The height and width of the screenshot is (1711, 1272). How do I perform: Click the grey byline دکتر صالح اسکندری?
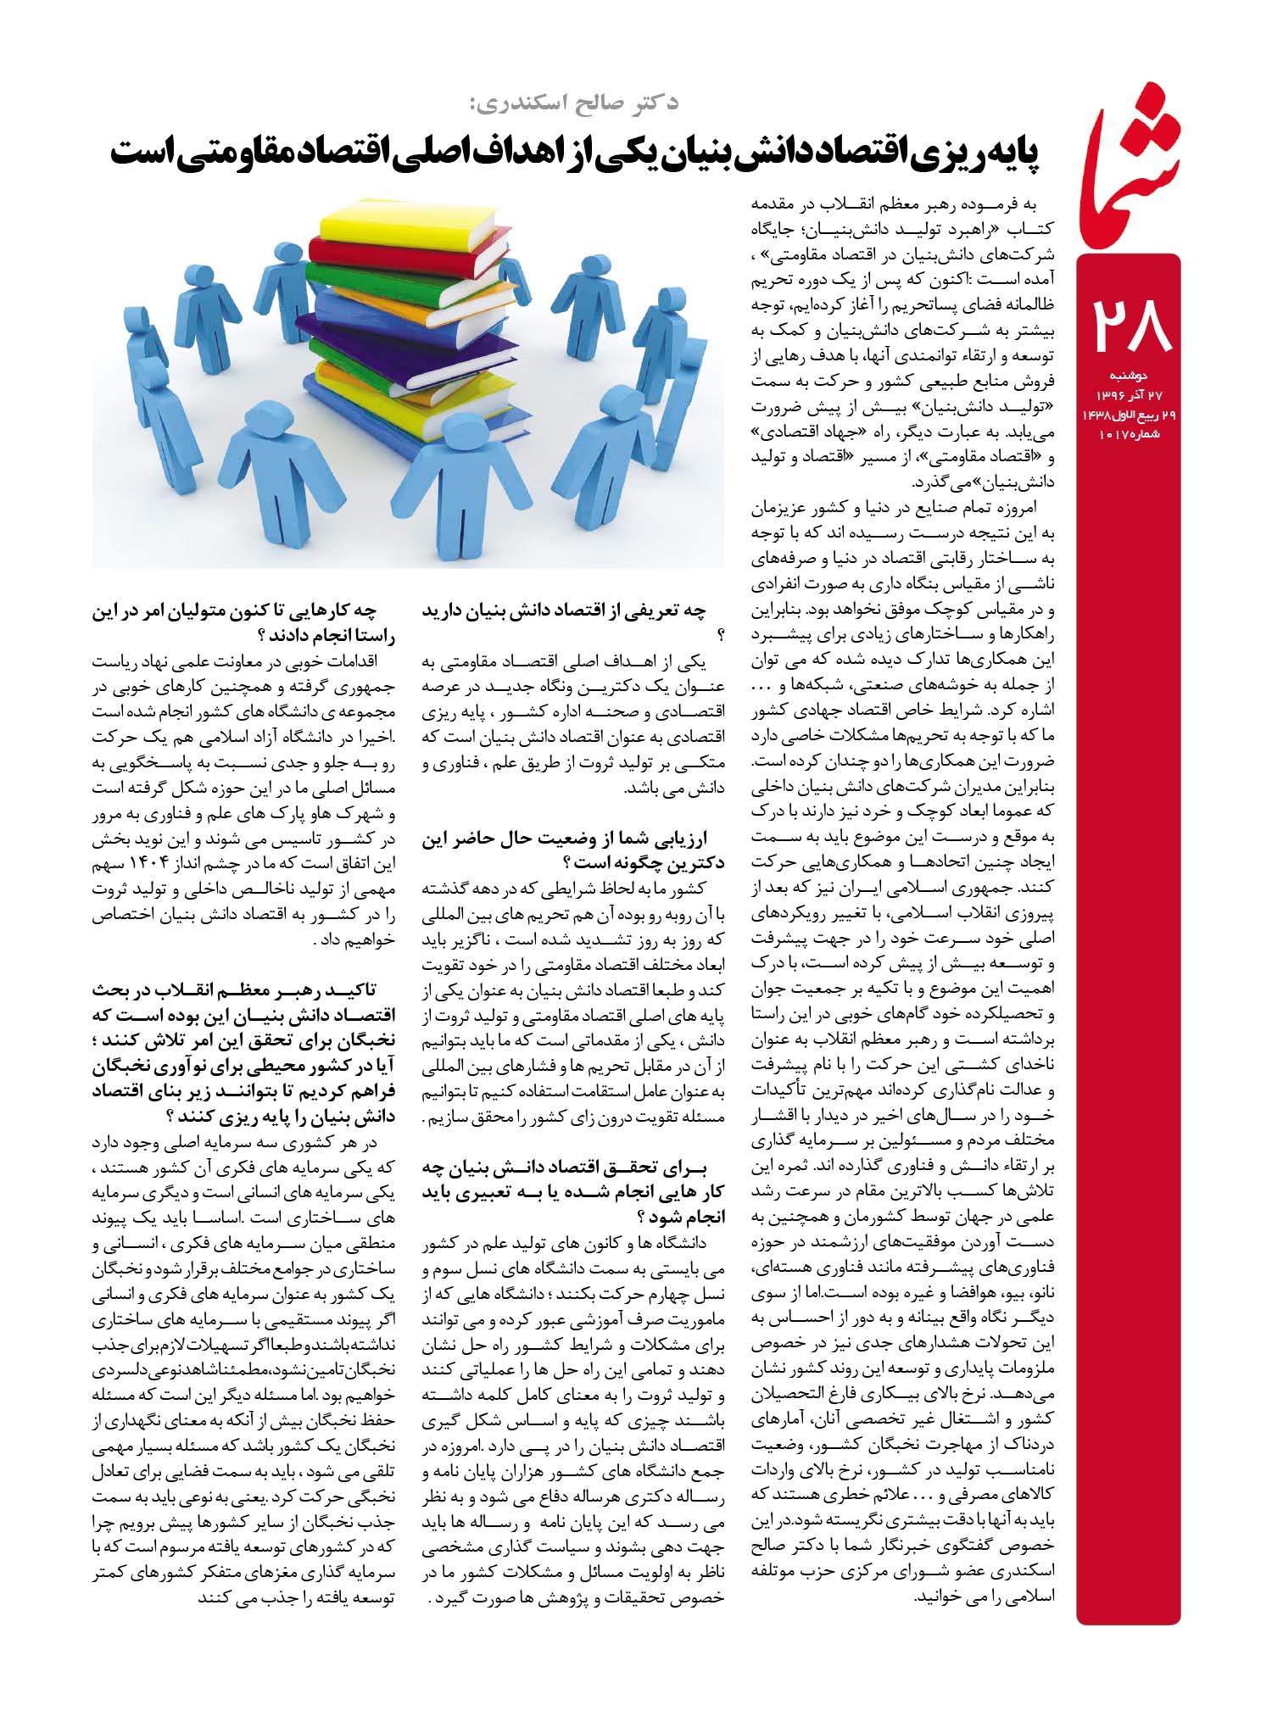[x=576, y=103]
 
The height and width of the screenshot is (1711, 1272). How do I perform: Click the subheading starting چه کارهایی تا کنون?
[x=246, y=621]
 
